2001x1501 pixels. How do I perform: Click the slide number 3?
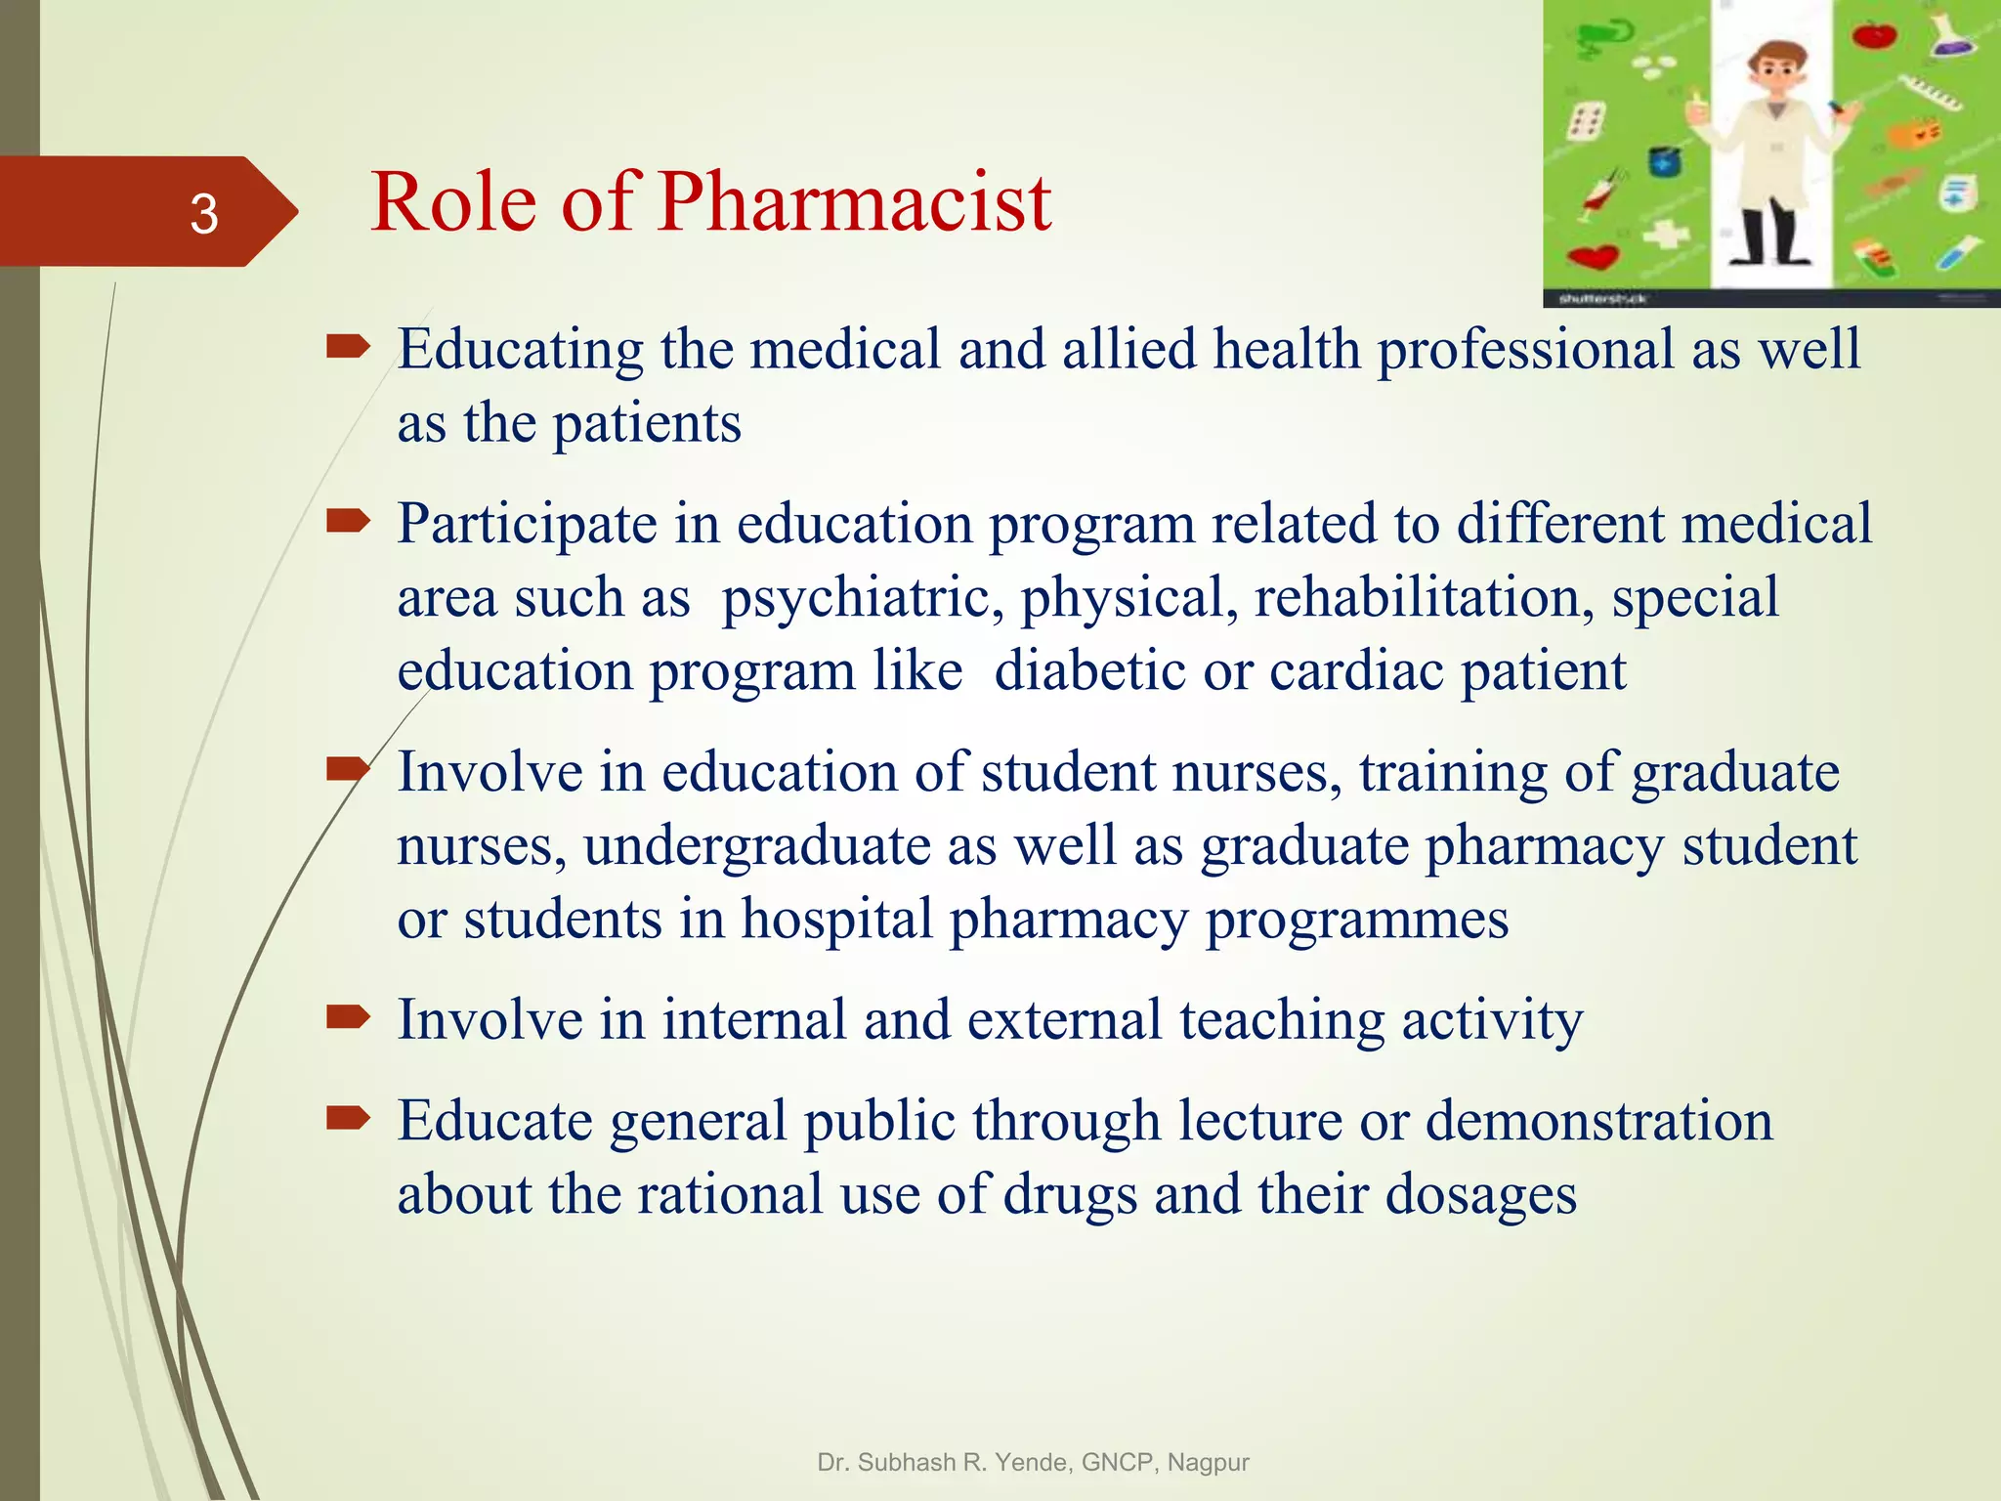click(x=203, y=213)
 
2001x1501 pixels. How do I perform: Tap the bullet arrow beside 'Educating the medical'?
click(x=348, y=346)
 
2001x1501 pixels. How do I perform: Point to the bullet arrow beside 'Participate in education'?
click(x=348, y=522)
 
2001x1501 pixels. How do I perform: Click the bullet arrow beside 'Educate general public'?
click(x=348, y=1118)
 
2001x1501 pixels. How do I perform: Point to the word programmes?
click(x=1357, y=920)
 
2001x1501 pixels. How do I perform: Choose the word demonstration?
click(x=1598, y=1120)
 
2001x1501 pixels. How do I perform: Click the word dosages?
click(x=1480, y=1194)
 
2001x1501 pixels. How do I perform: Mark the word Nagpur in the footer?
click(x=1208, y=1463)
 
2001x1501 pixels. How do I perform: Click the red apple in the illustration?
click(x=1874, y=35)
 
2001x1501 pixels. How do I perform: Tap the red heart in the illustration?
click(x=1594, y=257)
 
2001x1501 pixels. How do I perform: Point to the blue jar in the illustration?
click(x=1664, y=161)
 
